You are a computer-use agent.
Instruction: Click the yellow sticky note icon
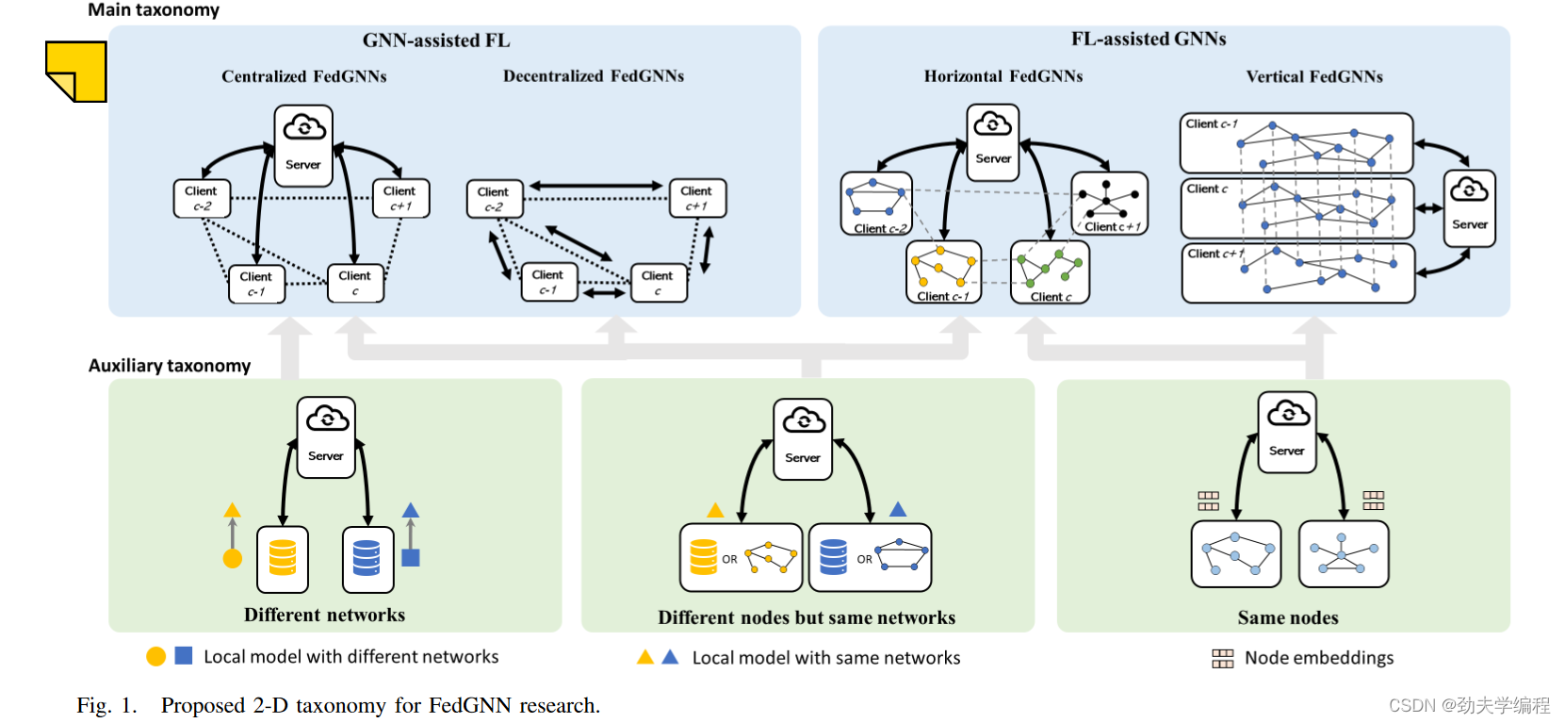(x=76, y=72)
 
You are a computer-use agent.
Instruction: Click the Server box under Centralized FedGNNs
(x=303, y=145)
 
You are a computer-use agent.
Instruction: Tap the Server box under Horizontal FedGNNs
(x=993, y=142)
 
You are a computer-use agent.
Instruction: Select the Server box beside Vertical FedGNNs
(x=1469, y=208)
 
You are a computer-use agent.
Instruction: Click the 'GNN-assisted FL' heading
(x=436, y=41)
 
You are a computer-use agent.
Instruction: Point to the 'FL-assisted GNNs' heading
(x=1149, y=40)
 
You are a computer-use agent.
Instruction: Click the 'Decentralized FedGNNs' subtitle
(x=594, y=76)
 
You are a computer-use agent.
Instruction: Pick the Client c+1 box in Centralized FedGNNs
(x=400, y=199)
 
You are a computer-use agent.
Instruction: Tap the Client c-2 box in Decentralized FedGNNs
(x=495, y=199)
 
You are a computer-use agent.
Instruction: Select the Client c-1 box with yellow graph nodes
(x=943, y=272)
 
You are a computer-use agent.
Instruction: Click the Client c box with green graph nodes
(x=1051, y=272)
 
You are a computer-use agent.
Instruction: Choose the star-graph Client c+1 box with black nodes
(x=1110, y=204)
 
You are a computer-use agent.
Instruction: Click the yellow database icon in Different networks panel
(x=283, y=558)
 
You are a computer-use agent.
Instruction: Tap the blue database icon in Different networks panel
(x=367, y=558)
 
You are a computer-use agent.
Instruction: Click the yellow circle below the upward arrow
(x=233, y=558)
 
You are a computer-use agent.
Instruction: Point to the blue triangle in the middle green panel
(x=898, y=509)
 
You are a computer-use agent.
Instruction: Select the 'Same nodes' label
(x=1288, y=617)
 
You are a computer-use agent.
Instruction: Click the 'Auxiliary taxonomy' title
(x=169, y=366)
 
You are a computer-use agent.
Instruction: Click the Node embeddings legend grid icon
(x=1223, y=658)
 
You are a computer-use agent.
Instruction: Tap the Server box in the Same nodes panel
(x=1287, y=432)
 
